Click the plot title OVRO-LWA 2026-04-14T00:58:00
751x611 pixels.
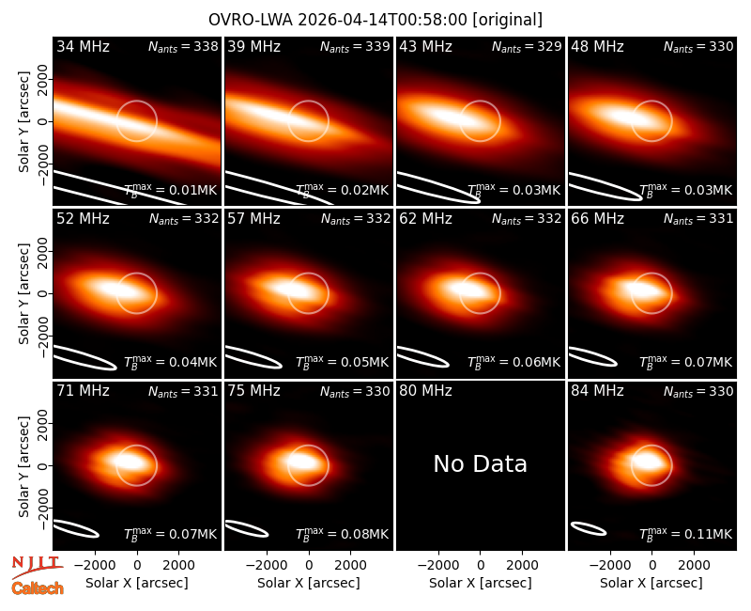click(338, 20)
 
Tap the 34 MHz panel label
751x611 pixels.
click(83, 46)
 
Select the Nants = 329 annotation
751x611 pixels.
click(527, 46)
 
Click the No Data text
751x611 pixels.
click(480, 463)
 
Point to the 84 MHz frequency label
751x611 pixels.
click(597, 391)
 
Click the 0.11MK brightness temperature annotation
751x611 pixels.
click(685, 533)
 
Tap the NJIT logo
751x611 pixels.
click(37, 566)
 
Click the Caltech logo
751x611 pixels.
click(38, 587)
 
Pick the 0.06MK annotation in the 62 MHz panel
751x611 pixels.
click(513, 362)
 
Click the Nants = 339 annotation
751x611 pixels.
click(355, 46)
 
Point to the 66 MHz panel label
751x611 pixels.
click(597, 219)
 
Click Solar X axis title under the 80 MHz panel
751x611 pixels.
click(480, 583)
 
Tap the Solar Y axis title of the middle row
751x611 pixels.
click(23, 293)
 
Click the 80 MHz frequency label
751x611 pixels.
click(425, 391)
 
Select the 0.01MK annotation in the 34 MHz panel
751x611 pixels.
click(171, 190)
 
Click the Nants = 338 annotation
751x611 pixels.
click(183, 46)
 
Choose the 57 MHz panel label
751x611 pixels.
click(253, 219)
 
